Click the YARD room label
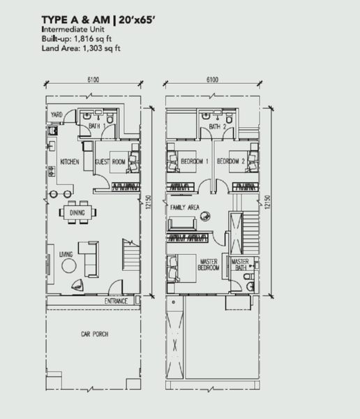[x=57, y=115]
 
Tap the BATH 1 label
[x=97, y=126]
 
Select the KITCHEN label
[x=70, y=162]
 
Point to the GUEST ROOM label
[x=110, y=162]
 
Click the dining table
[x=77, y=212]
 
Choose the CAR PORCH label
[x=95, y=334]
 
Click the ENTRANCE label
[x=116, y=301]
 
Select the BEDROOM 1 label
[x=195, y=161]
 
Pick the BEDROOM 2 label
[x=231, y=161]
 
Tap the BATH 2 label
[x=218, y=126]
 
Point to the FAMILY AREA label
[x=185, y=207]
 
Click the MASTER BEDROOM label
[x=209, y=265]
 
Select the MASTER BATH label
[x=240, y=265]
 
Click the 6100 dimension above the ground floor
[x=93, y=80]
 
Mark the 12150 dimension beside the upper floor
[x=268, y=202]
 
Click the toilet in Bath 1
[x=110, y=117]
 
